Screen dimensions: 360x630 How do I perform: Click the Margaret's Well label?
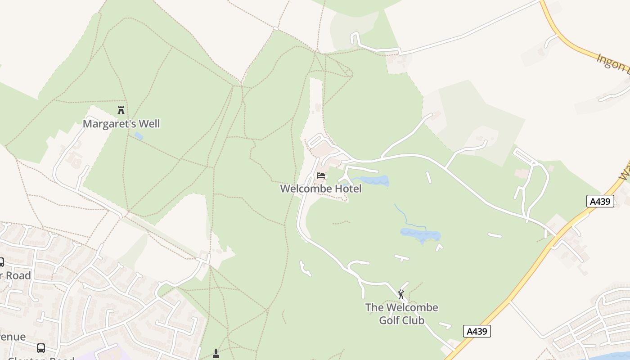click(121, 124)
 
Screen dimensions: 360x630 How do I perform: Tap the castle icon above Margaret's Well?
click(121, 110)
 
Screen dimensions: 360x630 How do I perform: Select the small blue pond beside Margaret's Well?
click(139, 135)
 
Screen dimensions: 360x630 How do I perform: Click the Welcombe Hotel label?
click(320, 189)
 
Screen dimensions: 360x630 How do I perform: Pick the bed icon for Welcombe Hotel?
click(320, 175)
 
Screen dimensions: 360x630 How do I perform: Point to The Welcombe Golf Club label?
click(401, 314)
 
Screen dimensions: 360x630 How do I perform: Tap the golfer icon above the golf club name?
click(401, 295)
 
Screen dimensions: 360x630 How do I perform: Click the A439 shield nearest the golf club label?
click(477, 332)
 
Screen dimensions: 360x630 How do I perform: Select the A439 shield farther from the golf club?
click(600, 201)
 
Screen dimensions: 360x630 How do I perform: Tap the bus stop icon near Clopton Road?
click(41, 348)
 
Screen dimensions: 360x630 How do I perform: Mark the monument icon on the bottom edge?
click(216, 354)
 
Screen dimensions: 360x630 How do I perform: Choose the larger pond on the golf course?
click(420, 234)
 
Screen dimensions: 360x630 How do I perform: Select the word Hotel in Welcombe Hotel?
click(347, 189)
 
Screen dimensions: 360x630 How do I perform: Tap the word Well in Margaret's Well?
click(149, 124)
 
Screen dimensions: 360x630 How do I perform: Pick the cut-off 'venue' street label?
click(12, 337)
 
